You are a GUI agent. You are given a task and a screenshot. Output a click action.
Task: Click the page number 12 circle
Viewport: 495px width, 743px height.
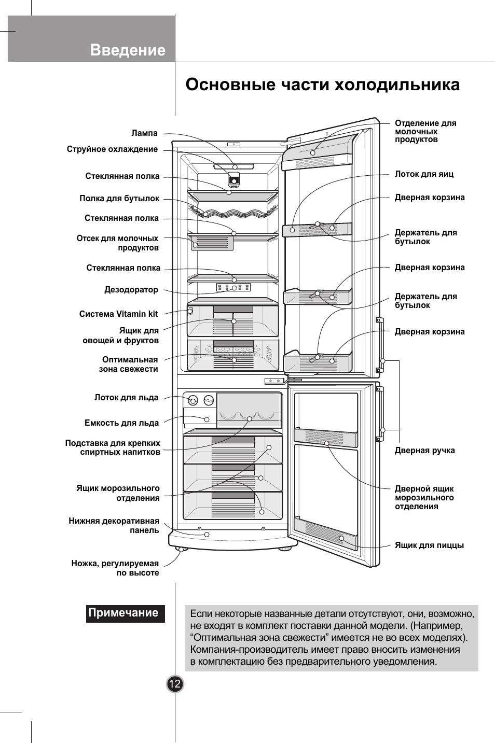point(175,684)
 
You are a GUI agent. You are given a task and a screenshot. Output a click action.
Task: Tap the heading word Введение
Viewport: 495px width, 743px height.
point(128,50)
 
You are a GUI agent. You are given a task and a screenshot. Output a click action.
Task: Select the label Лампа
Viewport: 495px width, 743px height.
point(144,133)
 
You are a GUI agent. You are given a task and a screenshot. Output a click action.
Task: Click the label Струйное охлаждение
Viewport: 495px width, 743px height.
point(112,149)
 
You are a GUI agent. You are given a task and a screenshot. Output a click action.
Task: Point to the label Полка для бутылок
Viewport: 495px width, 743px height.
point(119,199)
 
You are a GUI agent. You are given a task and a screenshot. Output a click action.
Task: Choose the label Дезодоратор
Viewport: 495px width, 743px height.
point(131,290)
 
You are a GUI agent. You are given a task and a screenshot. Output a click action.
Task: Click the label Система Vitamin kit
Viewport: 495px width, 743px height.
point(118,314)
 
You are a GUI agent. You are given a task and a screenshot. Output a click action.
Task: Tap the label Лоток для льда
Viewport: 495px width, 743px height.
point(126,398)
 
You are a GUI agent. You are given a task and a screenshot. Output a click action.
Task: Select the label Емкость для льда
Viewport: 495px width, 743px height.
point(121,423)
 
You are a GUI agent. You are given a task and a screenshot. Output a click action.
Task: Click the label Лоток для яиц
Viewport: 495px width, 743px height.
point(424,174)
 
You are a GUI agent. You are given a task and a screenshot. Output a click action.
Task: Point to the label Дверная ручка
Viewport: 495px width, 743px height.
point(424,451)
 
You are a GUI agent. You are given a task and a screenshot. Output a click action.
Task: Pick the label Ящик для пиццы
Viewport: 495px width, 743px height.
point(429,545)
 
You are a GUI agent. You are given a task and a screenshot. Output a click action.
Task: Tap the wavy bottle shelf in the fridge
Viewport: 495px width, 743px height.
point(232,213)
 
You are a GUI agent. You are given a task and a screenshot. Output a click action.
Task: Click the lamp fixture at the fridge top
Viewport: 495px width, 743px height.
point(233,166)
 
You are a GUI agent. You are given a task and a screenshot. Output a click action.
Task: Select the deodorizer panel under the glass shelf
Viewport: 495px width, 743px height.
point(233,287)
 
